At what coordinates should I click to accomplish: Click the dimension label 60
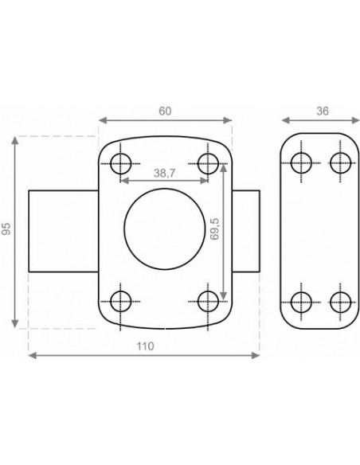click(x=165, y=111)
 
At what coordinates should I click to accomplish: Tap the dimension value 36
click(x=323, y=111)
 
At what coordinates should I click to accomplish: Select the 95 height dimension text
click(x=6, y=229)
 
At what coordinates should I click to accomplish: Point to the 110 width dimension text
click(x=145, y=346)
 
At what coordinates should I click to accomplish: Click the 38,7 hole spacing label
click(x=165, y=174)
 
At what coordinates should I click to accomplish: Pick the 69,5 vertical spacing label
click(x=214, y=229)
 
